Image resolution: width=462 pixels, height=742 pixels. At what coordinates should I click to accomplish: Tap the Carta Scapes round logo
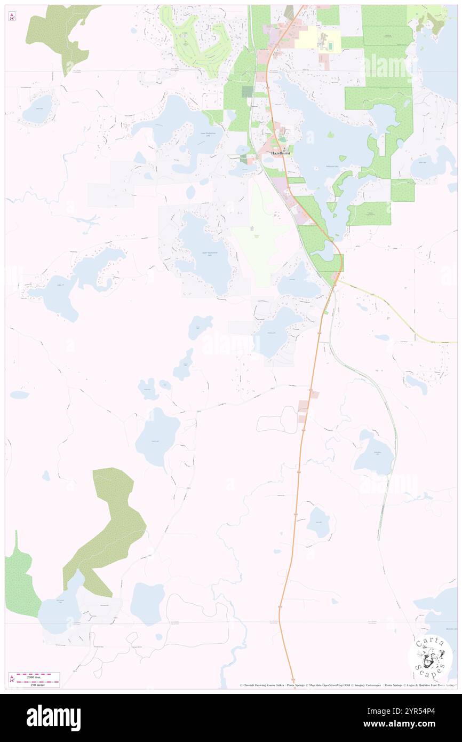click(x=429, y=657)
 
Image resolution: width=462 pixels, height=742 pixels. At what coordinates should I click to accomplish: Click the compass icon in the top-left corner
click(x=12, y=17)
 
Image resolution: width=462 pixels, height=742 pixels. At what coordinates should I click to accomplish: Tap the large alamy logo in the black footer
click(x=53, y=718)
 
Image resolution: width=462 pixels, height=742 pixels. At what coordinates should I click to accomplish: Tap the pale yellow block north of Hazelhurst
click(x=307, y=37)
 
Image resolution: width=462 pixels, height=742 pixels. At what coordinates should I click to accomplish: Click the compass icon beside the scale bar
click(x=12, y=679)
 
